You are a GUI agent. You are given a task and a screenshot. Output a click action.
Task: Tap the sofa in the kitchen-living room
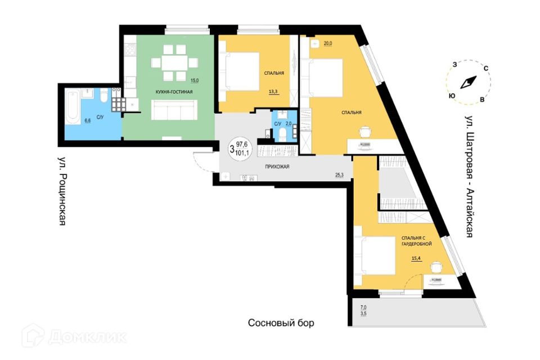(174, 110)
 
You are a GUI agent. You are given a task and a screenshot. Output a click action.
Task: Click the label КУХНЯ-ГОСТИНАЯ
(174, 92)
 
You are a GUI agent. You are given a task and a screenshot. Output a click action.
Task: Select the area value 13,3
(273, 92)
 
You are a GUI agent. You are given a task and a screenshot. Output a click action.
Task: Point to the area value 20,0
(328, 44)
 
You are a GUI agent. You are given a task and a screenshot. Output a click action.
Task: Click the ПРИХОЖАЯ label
(277, 166)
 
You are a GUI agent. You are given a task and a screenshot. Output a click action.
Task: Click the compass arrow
(469, 83)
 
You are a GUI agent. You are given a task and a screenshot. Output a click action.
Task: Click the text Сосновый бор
(281, 323)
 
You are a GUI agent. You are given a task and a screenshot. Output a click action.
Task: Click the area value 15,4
(416, 258)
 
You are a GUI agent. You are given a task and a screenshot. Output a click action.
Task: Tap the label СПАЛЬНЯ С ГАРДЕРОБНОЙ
(417, 241)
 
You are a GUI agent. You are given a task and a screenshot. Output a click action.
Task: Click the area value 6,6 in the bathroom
(88, 120)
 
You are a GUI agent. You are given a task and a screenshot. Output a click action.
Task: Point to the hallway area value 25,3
(339, 175)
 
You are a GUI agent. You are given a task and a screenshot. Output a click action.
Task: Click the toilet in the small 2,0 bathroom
(282, 134)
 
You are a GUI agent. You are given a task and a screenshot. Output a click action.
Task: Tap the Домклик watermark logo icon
(33, 336)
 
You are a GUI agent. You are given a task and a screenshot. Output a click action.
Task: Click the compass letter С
(485, 69)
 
